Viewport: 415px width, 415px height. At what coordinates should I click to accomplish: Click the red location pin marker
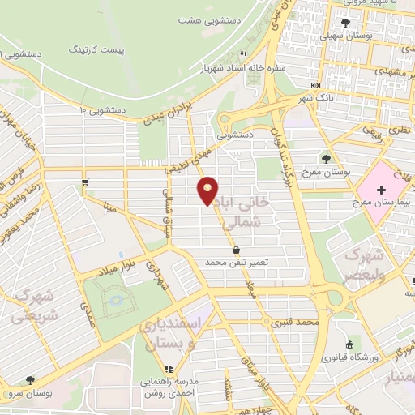pyautogui.click(x=208, y=190)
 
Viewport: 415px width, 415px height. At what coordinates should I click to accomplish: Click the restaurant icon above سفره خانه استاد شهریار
pyautogui.click(x=243, y=55)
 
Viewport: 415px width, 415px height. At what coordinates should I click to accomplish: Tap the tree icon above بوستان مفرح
pyautogui.click(x=326, y=159)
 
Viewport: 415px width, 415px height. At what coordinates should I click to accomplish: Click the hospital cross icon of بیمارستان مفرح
pyautogui.click(x=381, y=189)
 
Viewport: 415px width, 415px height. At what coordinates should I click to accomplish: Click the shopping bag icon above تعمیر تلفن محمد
pyautogui.click(x=236, y=250)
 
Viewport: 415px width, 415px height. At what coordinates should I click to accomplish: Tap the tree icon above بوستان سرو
pyautogui.click(x=30, y=379)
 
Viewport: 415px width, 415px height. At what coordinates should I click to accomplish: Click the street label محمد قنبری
pyautogui.click(x=291, y=323)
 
